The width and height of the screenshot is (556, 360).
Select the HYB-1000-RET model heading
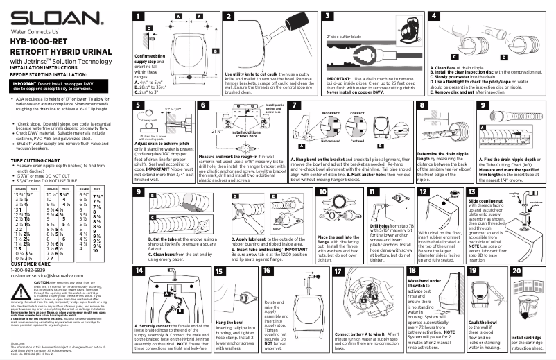click(39, 42)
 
